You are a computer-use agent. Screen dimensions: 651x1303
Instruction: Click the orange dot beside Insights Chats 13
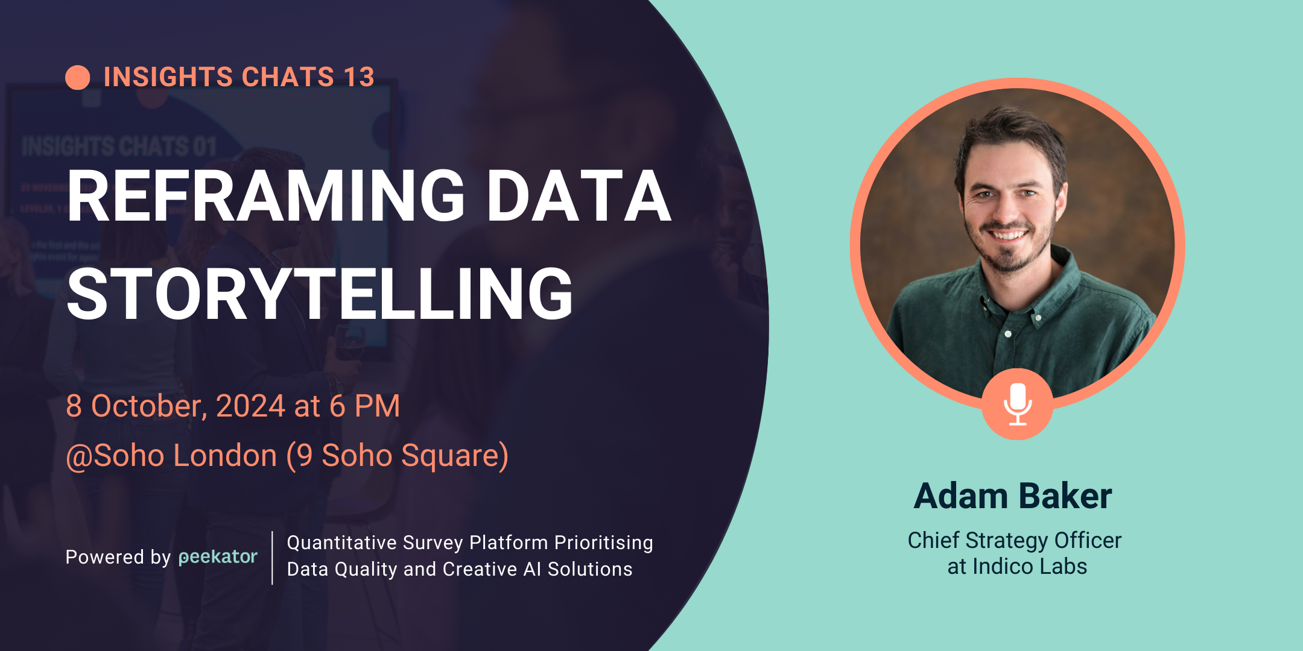pos(78,78)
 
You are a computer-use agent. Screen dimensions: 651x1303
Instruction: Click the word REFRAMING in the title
pos(265,197)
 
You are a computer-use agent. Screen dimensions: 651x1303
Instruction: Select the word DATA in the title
pos(578,197)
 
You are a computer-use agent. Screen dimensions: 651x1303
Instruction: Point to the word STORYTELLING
pos(320,295)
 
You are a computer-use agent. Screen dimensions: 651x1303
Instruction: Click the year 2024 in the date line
pos(250,406)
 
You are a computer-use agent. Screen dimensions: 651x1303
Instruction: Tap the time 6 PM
pos(364,406)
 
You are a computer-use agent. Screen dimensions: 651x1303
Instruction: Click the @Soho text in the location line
pos(124,456)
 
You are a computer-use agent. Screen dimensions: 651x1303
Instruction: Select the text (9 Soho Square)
pos(398,456)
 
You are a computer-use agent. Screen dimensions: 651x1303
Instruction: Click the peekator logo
pos(218,557)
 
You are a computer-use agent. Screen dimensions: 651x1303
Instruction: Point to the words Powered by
pos(118,557)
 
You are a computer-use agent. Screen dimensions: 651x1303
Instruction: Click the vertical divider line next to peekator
pos(272,558)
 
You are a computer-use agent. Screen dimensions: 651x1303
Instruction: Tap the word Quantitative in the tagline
pos(341,542)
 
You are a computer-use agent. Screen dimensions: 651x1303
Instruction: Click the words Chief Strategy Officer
pos(1014,541)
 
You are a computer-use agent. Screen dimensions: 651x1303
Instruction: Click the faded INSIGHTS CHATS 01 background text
pos(119,146)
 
